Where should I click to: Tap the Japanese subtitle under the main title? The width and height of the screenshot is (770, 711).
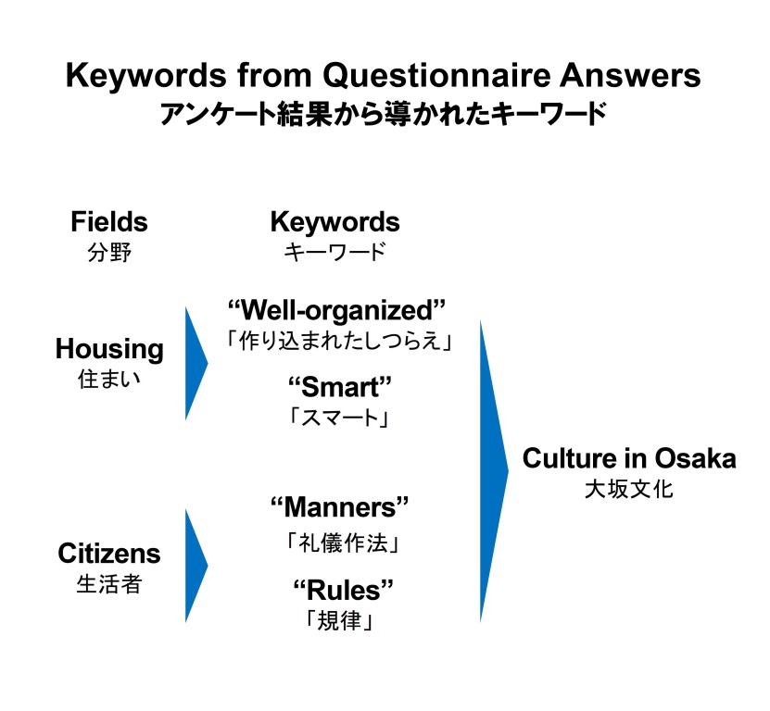(384, 114)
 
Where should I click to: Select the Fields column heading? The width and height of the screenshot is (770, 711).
(109, 222)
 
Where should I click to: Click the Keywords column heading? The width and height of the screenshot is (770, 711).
(335, 223)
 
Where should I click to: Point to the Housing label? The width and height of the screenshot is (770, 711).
(109, 350)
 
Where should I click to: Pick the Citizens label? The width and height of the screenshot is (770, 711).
(109, 554)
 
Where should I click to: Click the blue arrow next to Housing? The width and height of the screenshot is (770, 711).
(196, 364)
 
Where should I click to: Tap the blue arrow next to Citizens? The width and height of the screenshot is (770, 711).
(196, 566)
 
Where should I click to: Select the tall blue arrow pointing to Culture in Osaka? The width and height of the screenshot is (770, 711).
(494, 471)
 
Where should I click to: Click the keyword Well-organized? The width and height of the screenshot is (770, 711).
(337, 312)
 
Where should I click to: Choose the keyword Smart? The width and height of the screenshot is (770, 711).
(340, 387)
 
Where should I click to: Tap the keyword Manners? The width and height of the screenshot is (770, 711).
(340, 507)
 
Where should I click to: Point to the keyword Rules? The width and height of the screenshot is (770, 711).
(343, 590)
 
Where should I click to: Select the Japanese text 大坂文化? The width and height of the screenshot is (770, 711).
(629, 489)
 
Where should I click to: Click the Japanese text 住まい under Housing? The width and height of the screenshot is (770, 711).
(109, 380)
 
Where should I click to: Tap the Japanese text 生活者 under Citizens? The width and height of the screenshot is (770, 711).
(109, 584)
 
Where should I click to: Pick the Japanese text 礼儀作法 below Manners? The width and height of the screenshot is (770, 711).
(343, 543)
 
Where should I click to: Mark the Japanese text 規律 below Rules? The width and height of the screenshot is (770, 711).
(339, 620)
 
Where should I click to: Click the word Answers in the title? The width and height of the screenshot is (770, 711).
(630, 76)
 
